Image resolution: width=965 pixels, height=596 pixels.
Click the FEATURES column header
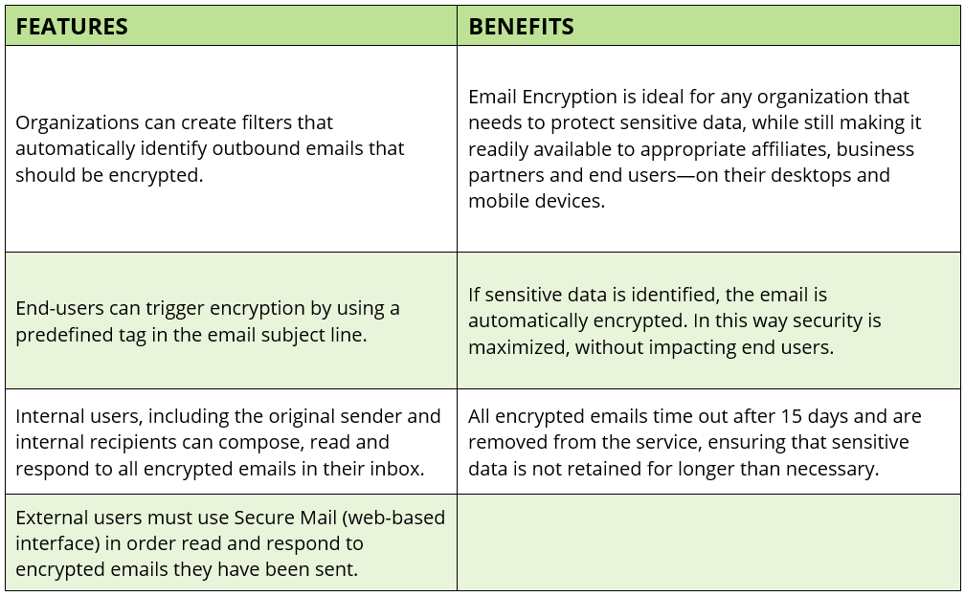pos(72,27)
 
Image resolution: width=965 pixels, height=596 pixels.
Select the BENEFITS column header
pos(521,27)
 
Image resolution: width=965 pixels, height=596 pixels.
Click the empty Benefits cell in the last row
pos(708,542)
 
